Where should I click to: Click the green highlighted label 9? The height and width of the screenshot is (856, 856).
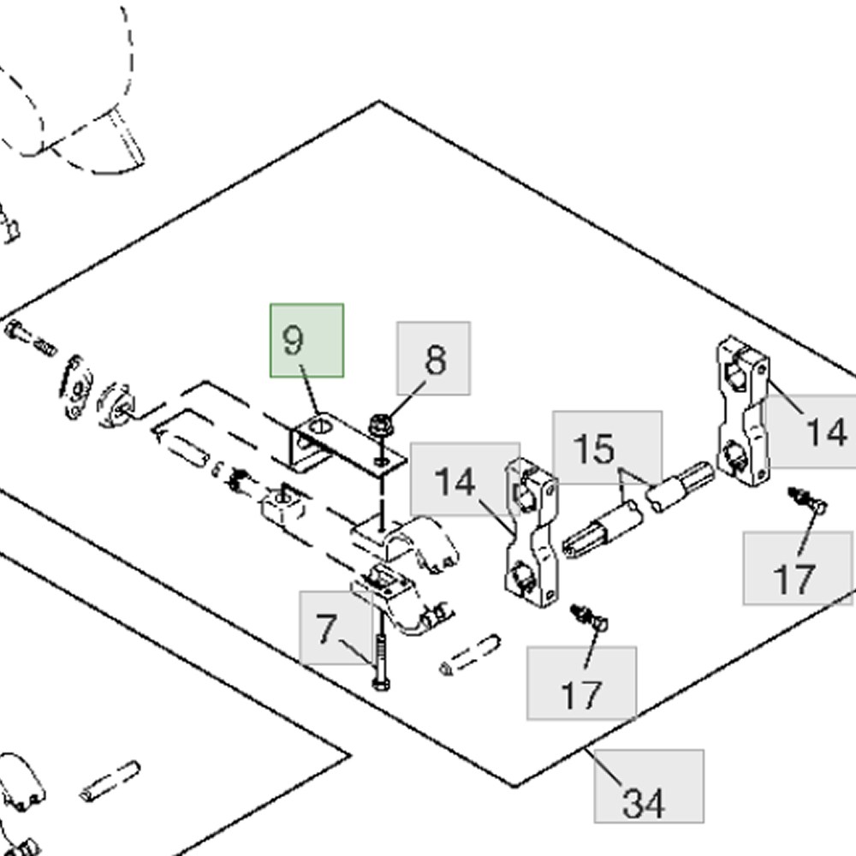coord(306,340)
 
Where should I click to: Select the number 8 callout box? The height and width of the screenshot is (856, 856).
coord(433,359)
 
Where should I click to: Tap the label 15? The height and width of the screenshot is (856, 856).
coord(606,448)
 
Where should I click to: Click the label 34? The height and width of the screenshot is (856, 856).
coord(649,787)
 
